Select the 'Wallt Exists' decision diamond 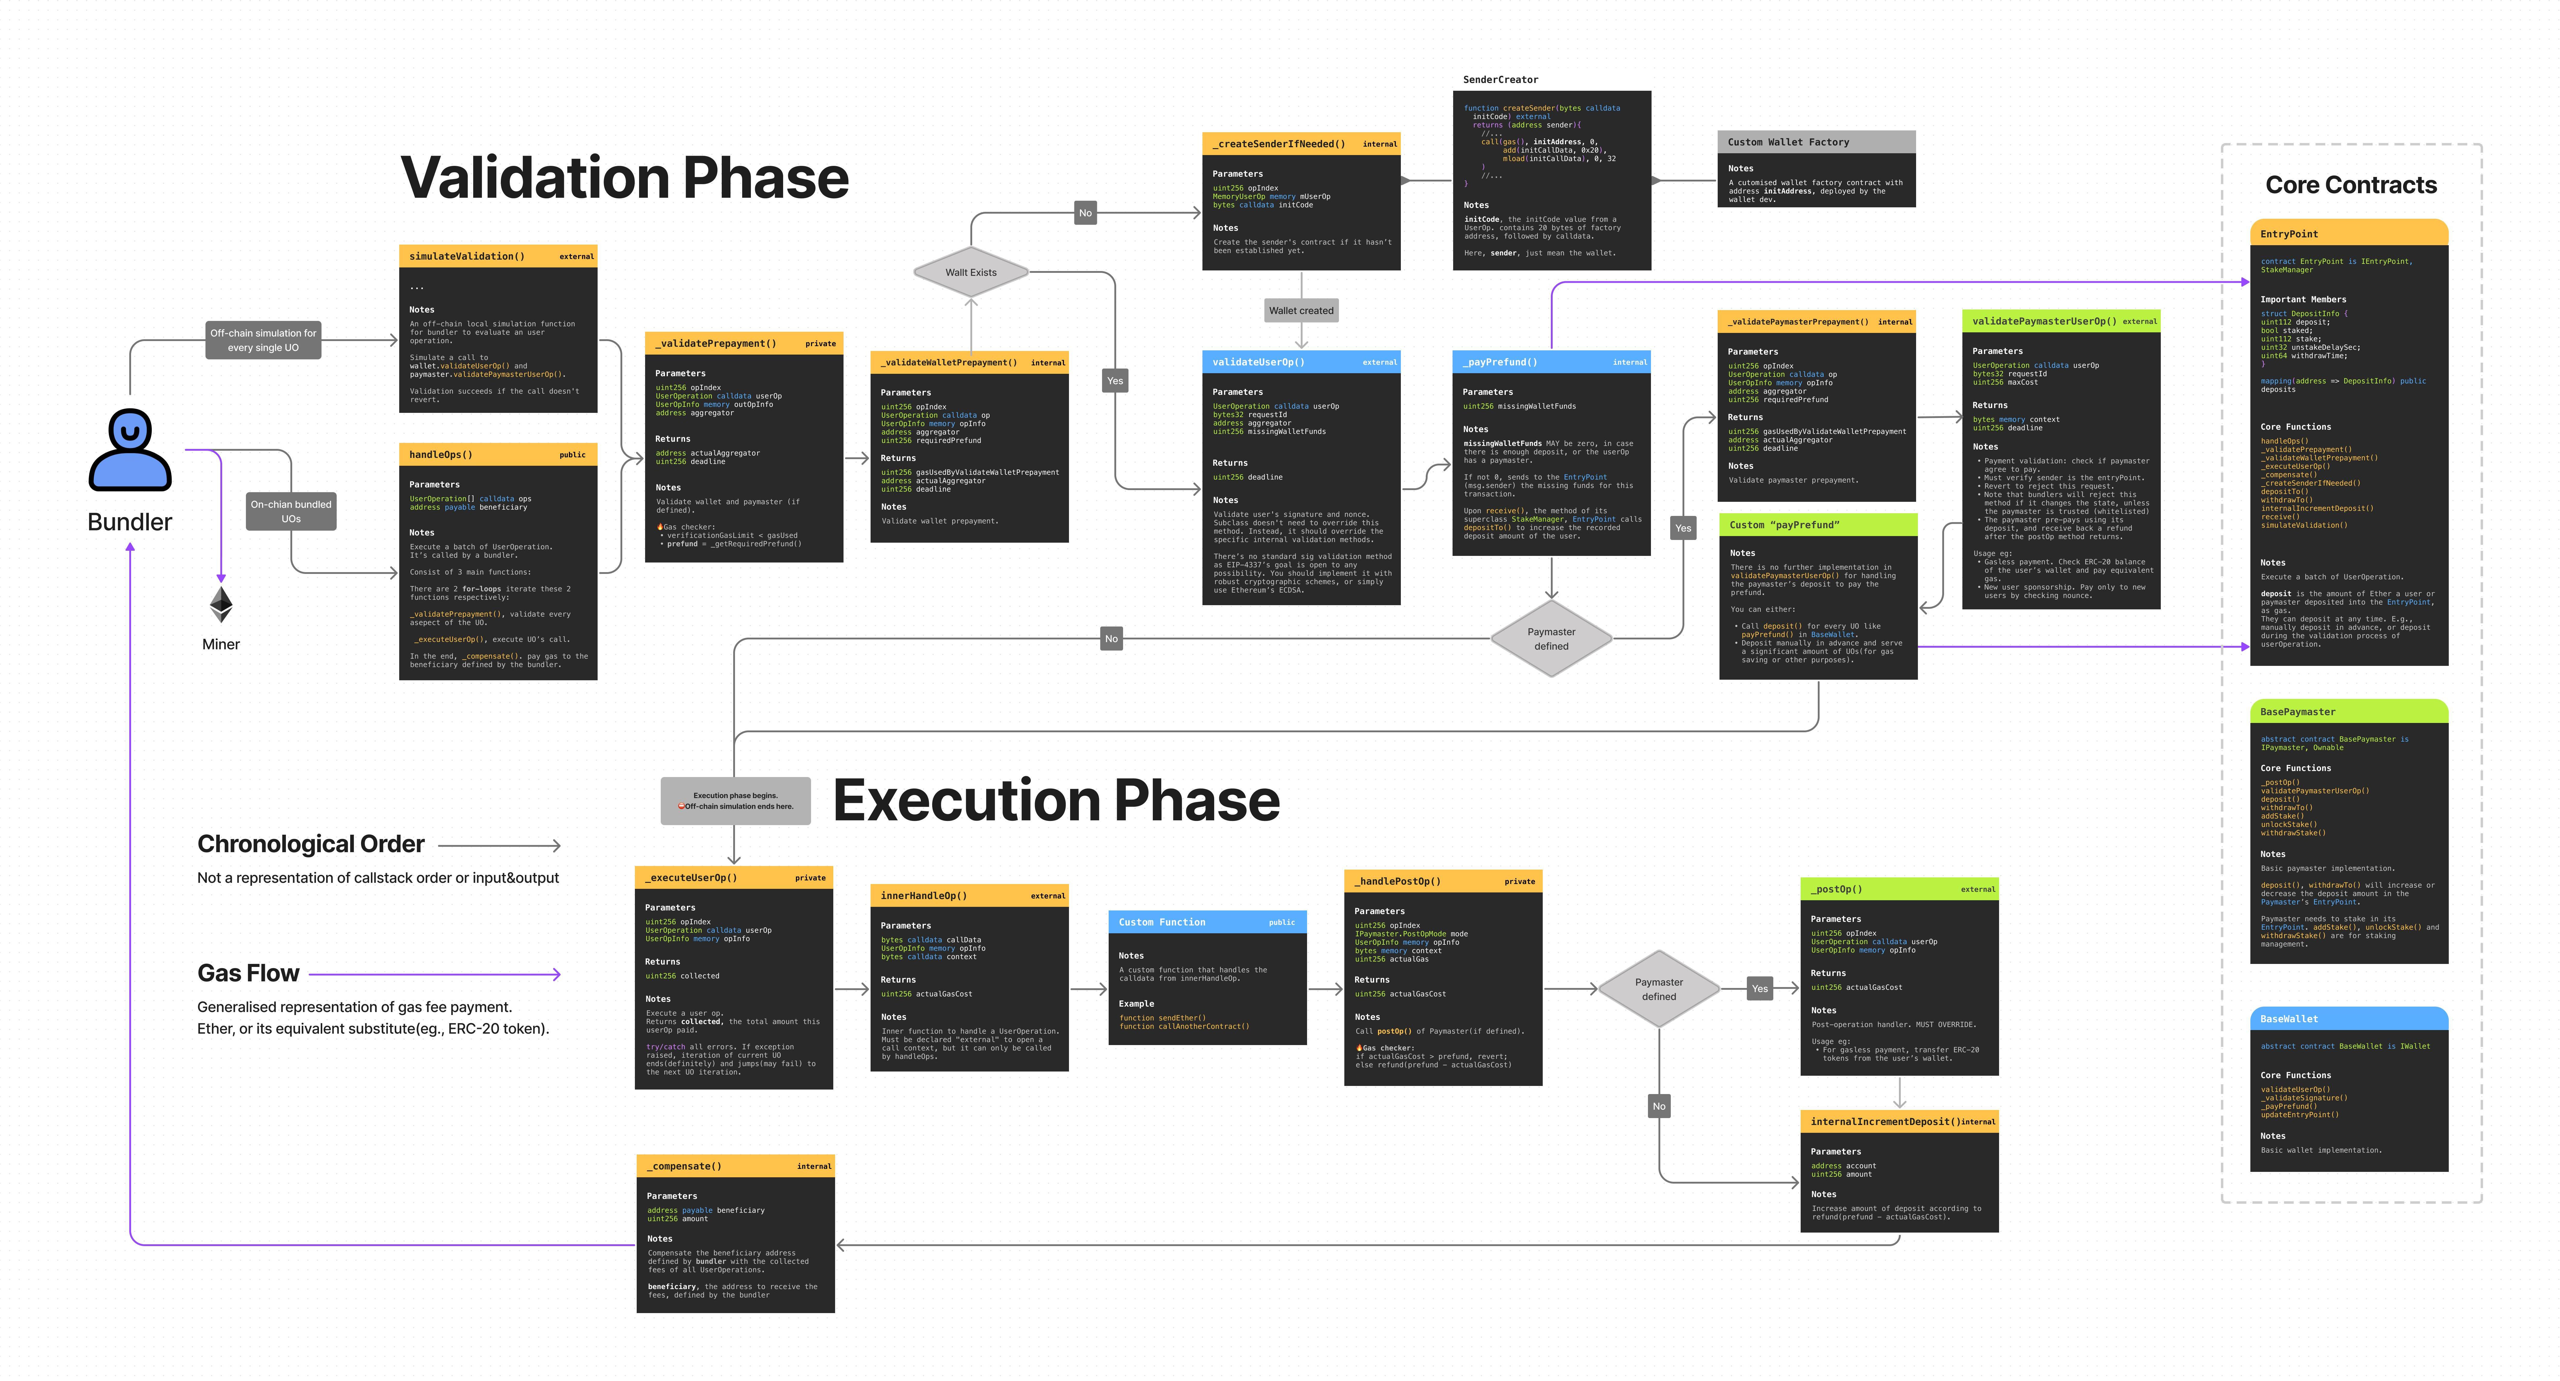point(971,272)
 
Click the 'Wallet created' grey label point(1301,311)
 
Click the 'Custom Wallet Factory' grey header point(1816,142)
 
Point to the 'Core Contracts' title point(2350,185)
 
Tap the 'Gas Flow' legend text point(248,974)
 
